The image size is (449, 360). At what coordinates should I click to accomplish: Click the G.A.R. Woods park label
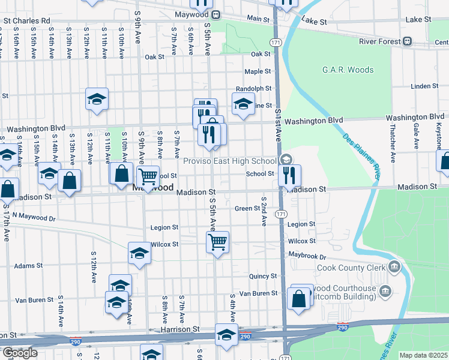tap(348, 70)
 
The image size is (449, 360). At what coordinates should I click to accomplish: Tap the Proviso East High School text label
tap(230, 161)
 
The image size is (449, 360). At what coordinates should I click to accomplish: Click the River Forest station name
tap(380, 41)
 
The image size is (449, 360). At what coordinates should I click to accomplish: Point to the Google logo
tap(19, 352)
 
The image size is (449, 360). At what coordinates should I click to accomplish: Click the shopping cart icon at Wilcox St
tap(217, 242)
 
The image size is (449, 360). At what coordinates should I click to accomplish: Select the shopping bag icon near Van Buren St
tap(298, 298)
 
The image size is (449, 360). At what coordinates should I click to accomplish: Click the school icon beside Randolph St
tap(243, 103)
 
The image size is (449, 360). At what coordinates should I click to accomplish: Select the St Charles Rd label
tap(26, 20)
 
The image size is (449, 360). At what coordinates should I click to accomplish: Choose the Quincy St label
tap(263, 276)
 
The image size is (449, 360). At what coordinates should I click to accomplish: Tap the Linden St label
tap(425, 86)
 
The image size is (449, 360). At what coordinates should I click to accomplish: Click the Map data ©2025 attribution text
tap(423, 355)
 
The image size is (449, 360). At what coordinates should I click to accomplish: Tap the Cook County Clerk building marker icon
tap(395, 266)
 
